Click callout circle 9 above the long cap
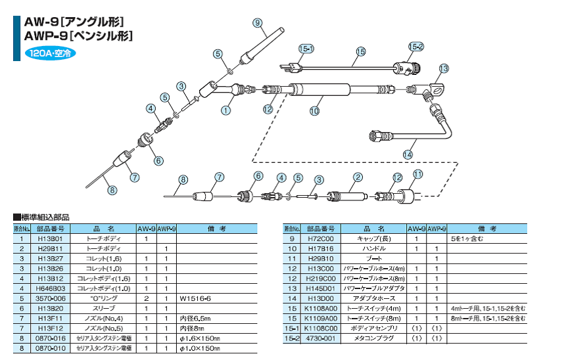click(x=258, y=22)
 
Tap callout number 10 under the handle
click(x=314, y=112)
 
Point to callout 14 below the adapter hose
click(x=408, y=154)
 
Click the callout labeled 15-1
click(x=306, y=49)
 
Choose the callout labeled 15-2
click(x=416, y=47)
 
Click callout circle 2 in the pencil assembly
click(x=358, y=176)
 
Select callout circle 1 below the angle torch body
click(x=225, y=110)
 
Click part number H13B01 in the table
click(x=50, y=239)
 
